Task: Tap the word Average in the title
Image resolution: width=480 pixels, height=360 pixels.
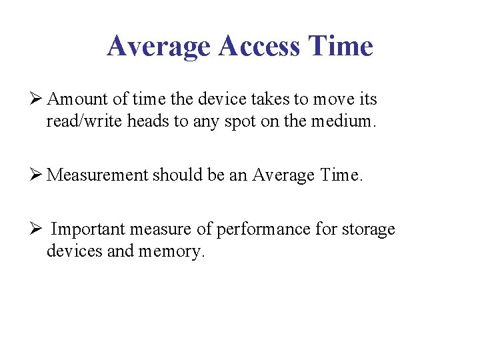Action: (x=158, y=47)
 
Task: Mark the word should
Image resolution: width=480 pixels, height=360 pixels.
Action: (x=172, y=175)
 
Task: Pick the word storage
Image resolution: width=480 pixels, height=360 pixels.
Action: (x=368, y=230)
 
